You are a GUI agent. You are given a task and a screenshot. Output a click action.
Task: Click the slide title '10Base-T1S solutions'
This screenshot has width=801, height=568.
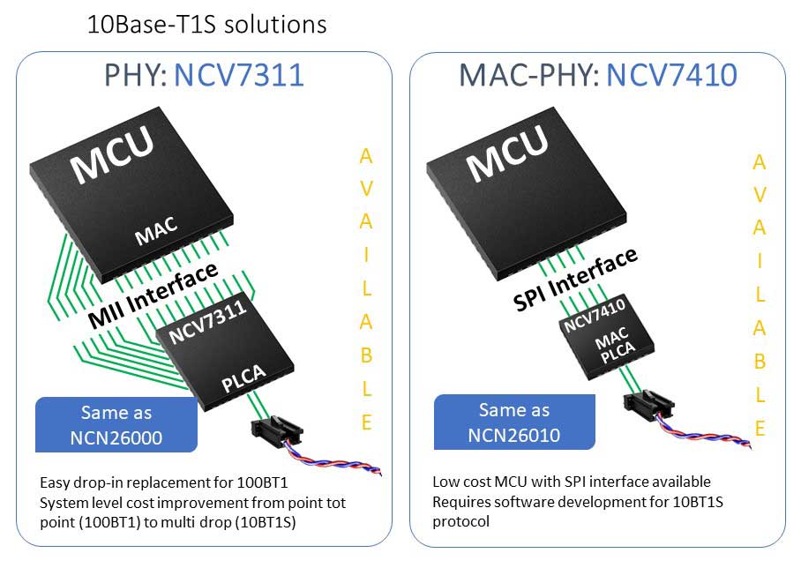[x=207, y=25]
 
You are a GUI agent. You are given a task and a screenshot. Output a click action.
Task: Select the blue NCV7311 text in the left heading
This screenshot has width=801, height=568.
[x=239, y=75]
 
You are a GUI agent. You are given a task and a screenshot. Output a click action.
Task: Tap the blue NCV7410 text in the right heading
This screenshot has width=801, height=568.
[x=671, y=75]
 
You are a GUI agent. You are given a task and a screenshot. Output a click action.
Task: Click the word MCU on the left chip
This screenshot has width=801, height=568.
[x=112, y=154]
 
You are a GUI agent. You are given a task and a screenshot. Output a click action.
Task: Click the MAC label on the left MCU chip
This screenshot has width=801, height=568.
[x=157, y=231]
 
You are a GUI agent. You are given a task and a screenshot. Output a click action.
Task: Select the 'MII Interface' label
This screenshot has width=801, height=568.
[x=153, y=295]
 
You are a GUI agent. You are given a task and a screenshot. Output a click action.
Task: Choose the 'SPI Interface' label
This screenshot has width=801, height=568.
[x=575, y=279]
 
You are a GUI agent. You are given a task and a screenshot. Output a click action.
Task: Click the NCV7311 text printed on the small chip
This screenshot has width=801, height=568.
[x=207, y=322]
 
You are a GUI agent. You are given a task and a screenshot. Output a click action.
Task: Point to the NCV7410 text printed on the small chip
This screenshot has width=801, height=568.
[x=594, y=315]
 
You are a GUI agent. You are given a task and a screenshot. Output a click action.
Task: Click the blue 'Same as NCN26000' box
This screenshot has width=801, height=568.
[x=116, y=424]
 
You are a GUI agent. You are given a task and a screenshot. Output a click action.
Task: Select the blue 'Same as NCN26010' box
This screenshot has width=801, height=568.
[x=514, y=422]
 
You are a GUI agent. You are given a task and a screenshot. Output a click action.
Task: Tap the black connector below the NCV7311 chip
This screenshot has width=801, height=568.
[x=276, y=431]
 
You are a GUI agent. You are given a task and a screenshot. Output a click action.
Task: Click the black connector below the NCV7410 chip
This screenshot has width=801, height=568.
[x=648, y=405]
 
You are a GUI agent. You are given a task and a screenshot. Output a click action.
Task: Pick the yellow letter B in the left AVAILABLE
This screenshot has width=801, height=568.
[x=366, y=355]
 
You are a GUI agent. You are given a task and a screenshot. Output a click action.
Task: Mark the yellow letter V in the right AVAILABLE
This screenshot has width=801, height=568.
[x=760, y=195]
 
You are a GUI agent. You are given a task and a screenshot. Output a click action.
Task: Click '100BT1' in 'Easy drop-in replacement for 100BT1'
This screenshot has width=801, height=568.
[x=262, y=482]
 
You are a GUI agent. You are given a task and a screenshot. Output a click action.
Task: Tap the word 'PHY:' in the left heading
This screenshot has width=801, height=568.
[x=135, y=75]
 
